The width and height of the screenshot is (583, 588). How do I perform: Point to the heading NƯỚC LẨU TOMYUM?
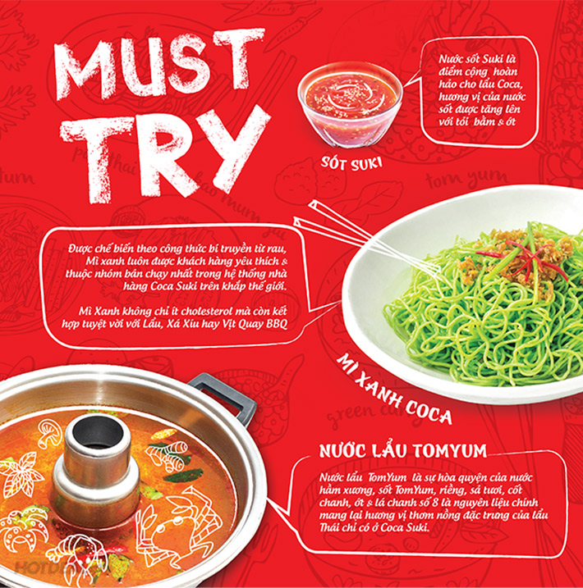pyautogui.click(x=403, y=450)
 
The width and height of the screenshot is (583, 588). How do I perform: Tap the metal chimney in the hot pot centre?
pyautogui.click(x=95, y=458)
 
